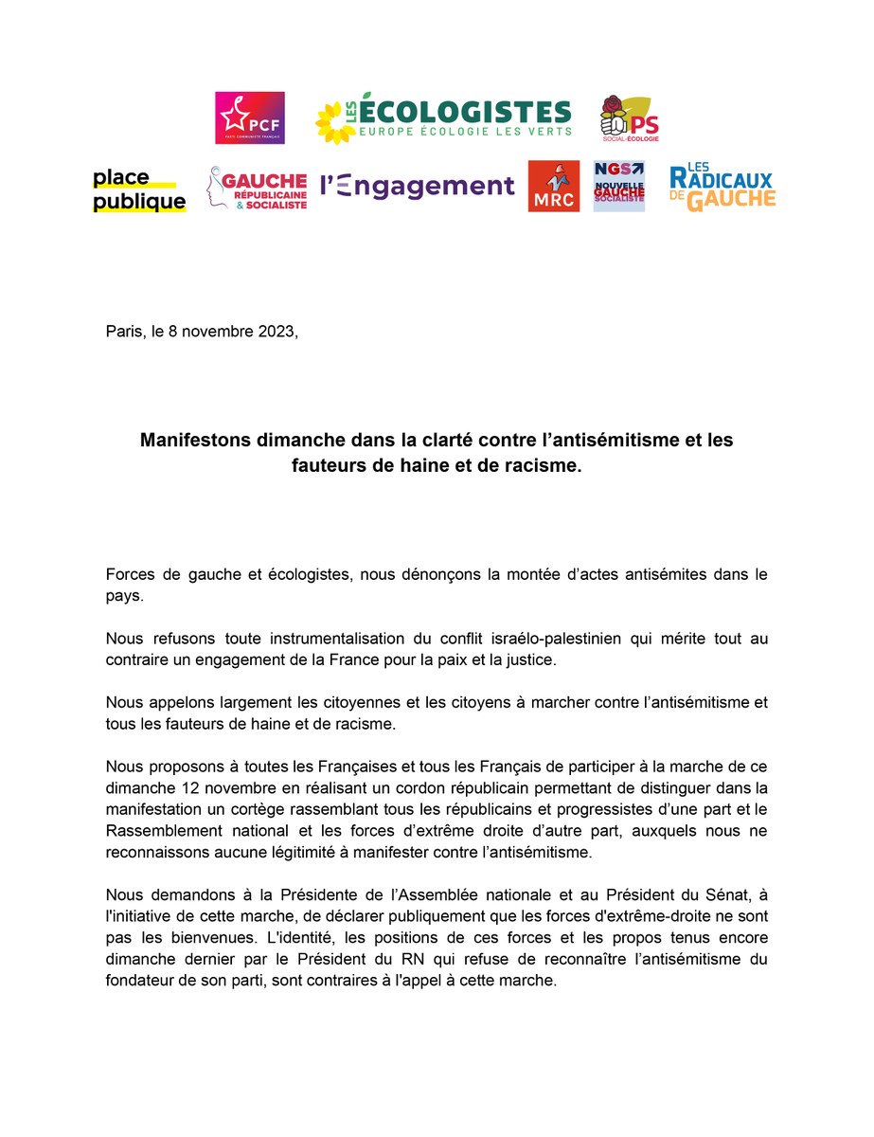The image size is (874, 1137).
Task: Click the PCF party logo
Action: (x=250, y=118)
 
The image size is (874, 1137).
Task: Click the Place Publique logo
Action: (x=139, y=189)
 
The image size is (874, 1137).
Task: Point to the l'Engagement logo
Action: (x=417, y=186)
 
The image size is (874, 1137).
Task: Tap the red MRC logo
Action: (x=553, y=187)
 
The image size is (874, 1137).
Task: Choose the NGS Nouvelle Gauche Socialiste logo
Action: (x=618, y=186)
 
